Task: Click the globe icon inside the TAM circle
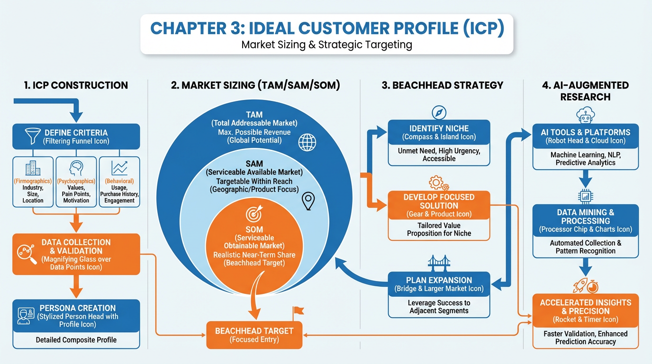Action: click(307, 142)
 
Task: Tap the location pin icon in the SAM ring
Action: click(308, 201)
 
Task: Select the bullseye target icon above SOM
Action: click(254, 214)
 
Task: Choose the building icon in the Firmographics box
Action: click(33, 168)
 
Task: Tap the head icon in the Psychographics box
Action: click(76, 168)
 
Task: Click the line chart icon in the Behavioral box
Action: click(119, 168)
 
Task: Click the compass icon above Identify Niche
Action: click(439, 112)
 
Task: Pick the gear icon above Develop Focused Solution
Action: click(437, 183)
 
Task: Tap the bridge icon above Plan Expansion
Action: click(439, 263)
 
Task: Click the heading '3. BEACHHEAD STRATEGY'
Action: click(442, 85)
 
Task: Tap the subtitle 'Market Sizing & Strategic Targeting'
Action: click(326, 45)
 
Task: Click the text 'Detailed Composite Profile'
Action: click(76, 340)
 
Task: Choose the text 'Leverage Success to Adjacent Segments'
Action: click(439, 307)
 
